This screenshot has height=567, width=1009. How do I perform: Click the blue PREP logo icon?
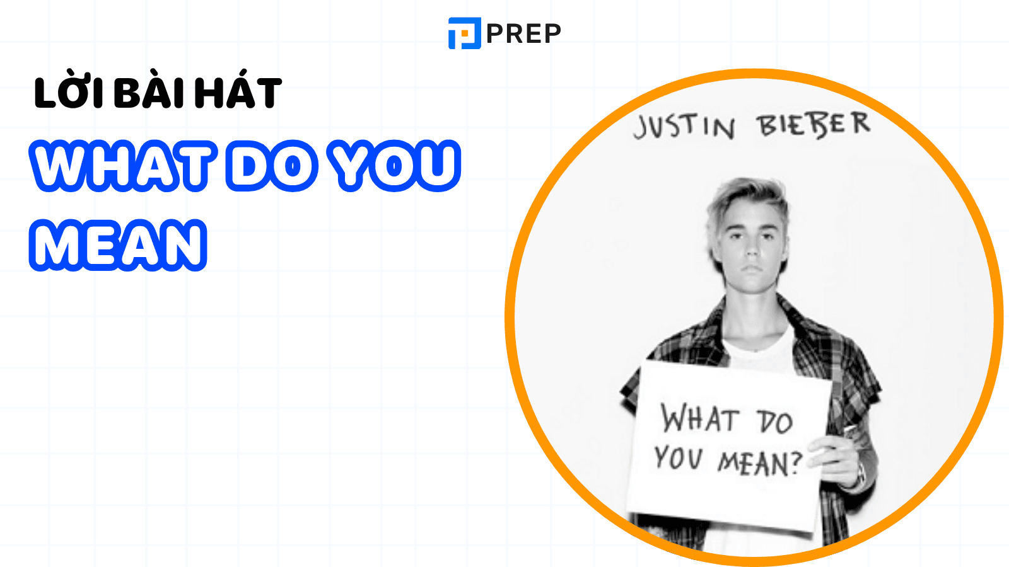click(464, 33)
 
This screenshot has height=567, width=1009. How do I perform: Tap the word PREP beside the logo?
click(524, 34)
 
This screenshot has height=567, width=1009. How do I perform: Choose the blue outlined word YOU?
click(395, 166)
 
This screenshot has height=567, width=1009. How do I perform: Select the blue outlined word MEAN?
click(118, 245)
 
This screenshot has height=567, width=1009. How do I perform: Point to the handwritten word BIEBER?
click(814, 123)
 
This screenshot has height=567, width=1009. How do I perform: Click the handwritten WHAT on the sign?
click(699, 418)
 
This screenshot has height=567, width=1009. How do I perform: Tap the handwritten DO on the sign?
click(775, 421)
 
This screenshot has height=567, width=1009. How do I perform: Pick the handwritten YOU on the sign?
click(679, 457)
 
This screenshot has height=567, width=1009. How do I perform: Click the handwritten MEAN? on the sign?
click(761, 463)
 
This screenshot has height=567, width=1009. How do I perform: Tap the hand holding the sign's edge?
click(838, 459)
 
